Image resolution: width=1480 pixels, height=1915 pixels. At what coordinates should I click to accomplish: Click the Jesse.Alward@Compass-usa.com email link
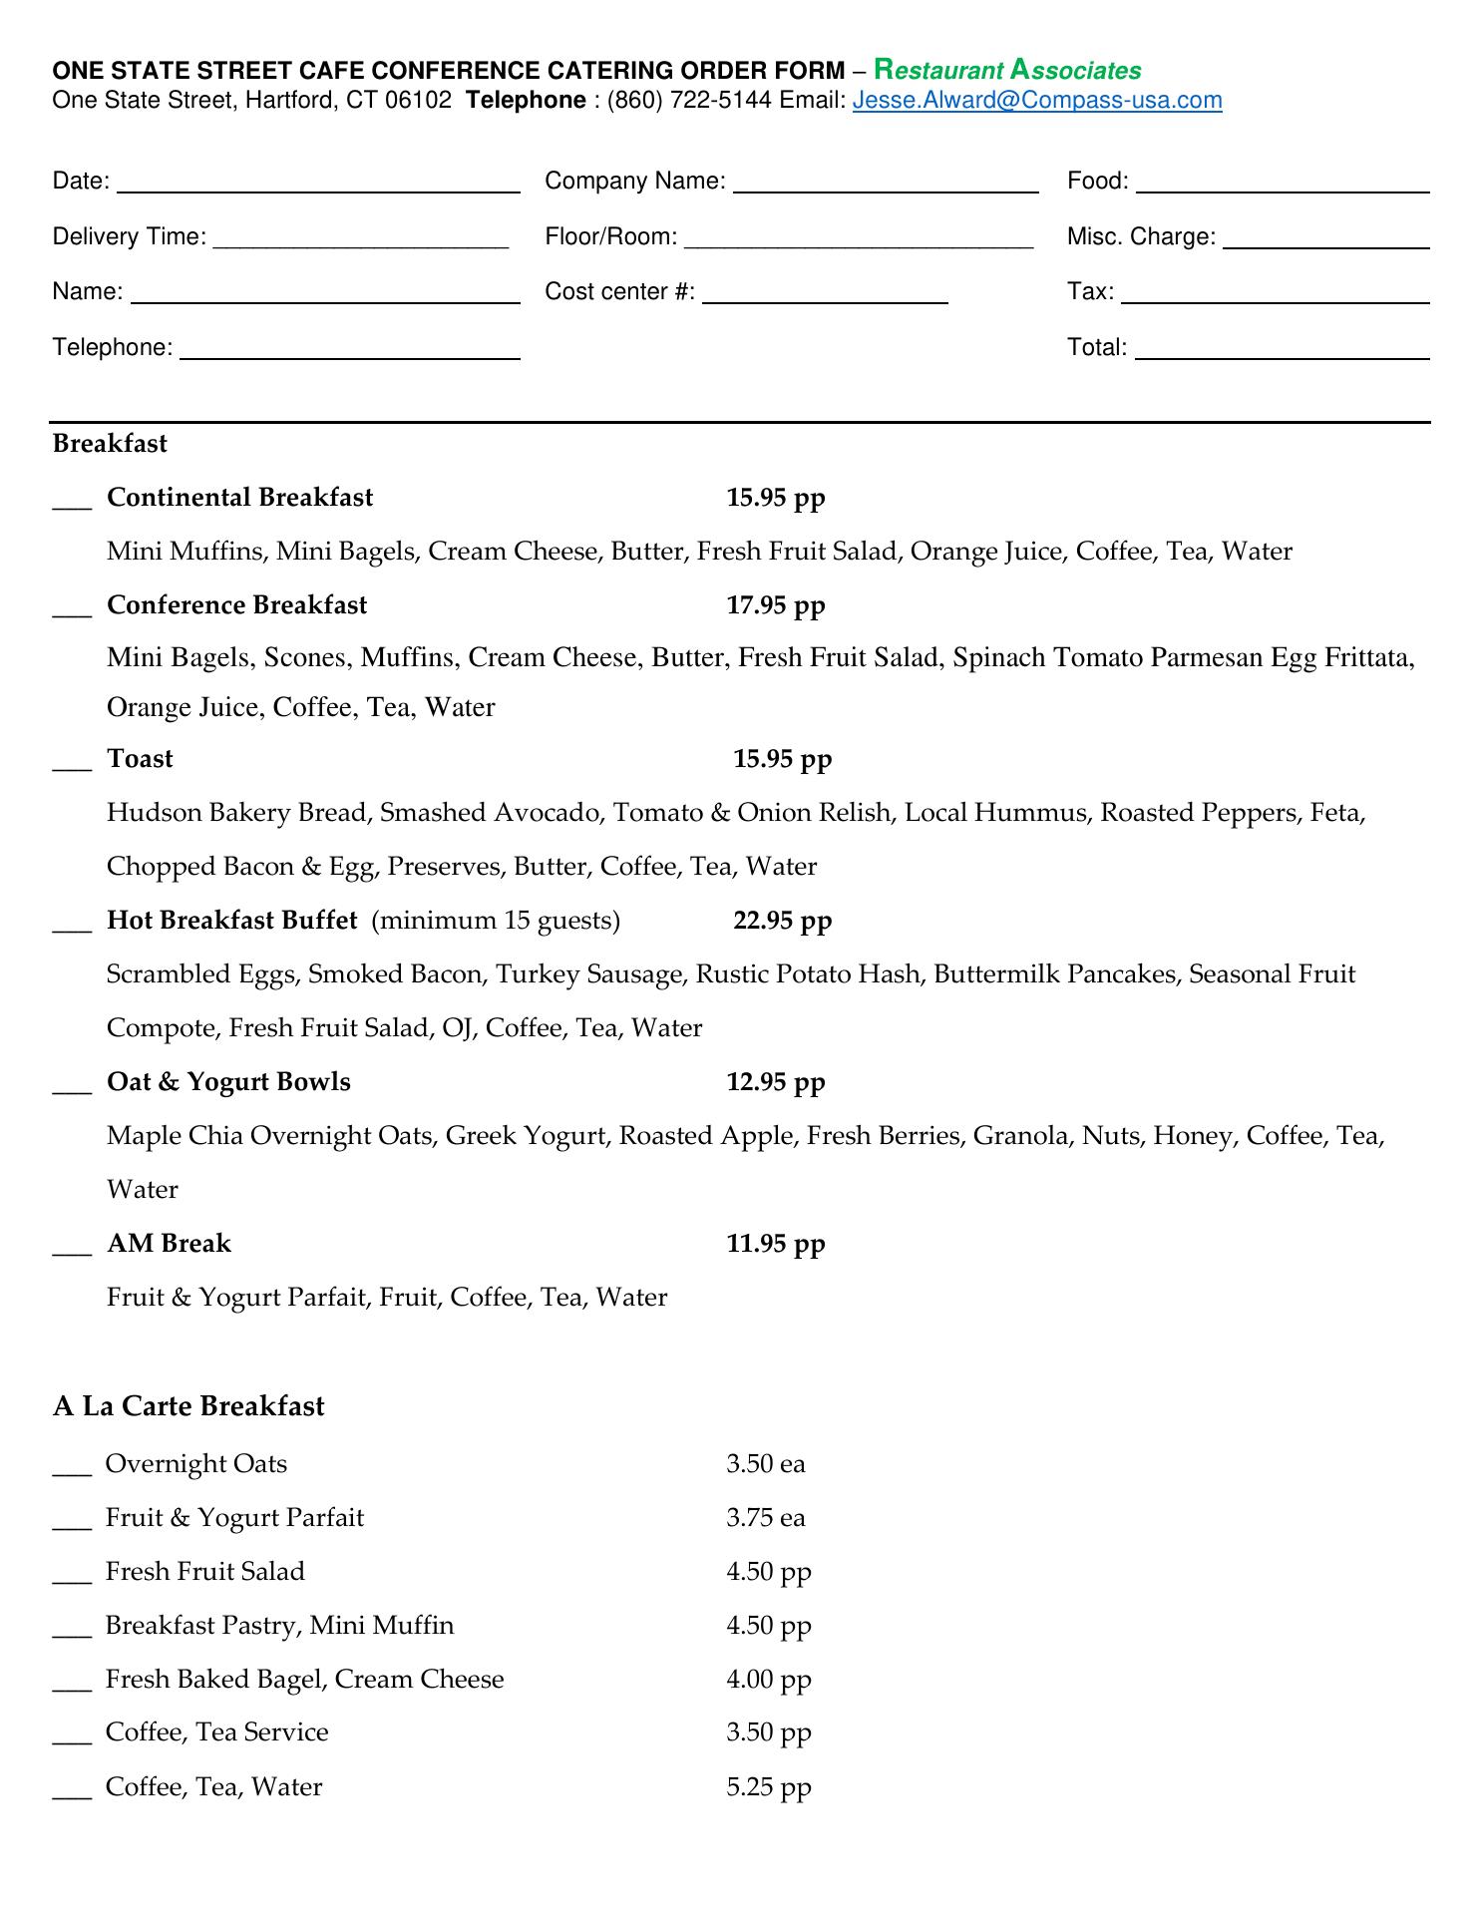click(x=1037, y=100)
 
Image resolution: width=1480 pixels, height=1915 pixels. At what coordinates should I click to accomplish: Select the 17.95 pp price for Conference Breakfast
click(x=776, y=605)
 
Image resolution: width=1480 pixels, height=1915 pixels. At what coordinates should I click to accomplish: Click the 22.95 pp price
click(x=782, y=920)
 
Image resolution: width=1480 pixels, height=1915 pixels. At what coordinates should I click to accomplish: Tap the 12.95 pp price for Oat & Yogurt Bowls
click(x=776, y=1082)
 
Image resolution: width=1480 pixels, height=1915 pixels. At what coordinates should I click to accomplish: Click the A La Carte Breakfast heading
click(x=188, y=1406)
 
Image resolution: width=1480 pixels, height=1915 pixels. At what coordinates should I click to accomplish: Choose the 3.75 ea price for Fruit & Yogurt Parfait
click(x=765, y=1518)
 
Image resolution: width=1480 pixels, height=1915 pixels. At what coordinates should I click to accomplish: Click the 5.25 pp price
click(x=769, y=1786)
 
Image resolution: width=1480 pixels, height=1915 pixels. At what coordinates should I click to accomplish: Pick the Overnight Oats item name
click(x=196, y=1464)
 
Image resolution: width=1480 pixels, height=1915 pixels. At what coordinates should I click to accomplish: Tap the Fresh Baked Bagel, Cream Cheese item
click(x=304, y=1680)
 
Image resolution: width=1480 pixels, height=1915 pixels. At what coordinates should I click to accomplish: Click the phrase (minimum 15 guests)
click(x=496, y=920)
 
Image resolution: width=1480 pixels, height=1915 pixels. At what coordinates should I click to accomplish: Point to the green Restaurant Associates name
click(x=1007, y=70)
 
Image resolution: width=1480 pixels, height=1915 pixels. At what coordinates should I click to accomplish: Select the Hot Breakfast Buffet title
click(x=231, y=920)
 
